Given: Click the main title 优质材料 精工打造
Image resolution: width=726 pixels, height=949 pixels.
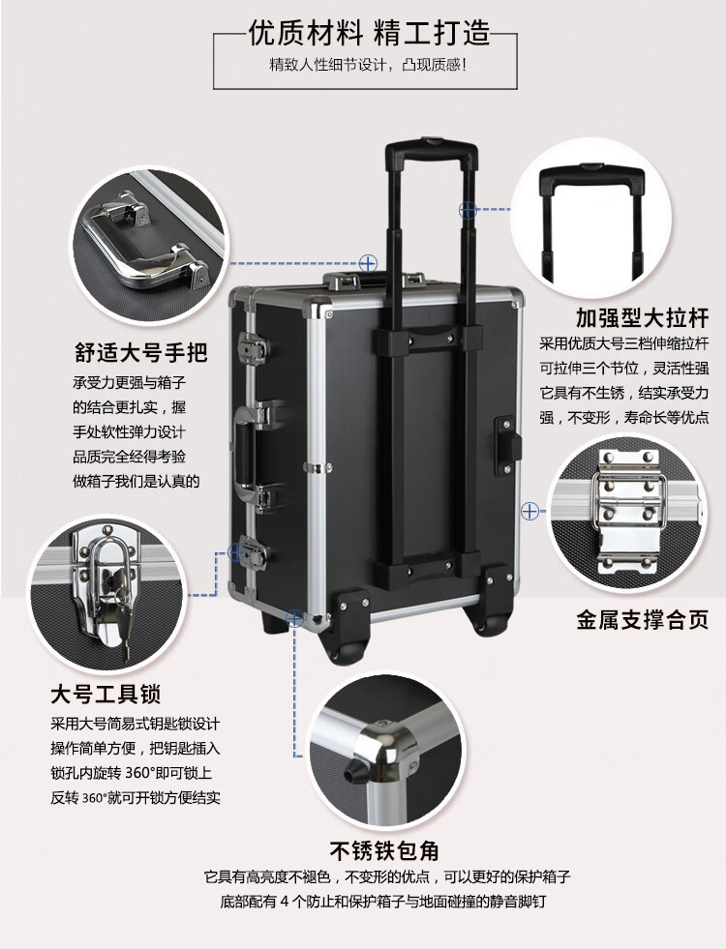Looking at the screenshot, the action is pyautogui.click(x=369, y=33).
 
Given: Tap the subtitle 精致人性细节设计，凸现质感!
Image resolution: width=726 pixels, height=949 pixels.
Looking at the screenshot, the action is pyautogui.click(x=368, y=65).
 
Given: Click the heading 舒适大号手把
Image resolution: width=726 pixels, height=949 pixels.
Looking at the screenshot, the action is pyautogui.click(x=141, y=352).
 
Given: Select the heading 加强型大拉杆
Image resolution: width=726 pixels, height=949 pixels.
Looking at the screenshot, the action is pyautogui.click(x=642, y=317).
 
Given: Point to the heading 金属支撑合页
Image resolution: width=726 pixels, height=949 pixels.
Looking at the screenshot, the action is pyautogui.click(x=642, y=620).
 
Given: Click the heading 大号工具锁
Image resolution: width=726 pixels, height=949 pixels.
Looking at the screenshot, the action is pyautogui.click(x=106, y=695).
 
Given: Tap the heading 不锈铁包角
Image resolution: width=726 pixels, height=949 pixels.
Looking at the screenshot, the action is pyautogui.click(x=384, y=851).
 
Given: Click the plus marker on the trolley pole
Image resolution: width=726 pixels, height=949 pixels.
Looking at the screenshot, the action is pyautogui.click(x=468, y=209).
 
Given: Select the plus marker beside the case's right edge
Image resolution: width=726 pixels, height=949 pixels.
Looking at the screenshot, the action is pyautogui.click(x=529, y=511).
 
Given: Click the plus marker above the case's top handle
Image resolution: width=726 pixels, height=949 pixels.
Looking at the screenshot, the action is pyautogui.click(x=368, y=263).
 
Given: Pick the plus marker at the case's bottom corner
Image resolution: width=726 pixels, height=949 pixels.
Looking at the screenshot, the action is pyautogui.click(x=294, y=618).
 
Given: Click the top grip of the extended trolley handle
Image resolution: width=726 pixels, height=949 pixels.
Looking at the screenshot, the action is pyautogui.click(x=431, y=148).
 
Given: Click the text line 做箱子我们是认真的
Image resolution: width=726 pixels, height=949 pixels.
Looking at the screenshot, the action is pyautogui.click(x=136, y=481).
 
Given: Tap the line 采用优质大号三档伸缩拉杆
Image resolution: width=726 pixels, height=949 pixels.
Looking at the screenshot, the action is pyautogui.click(x=623, y=343).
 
